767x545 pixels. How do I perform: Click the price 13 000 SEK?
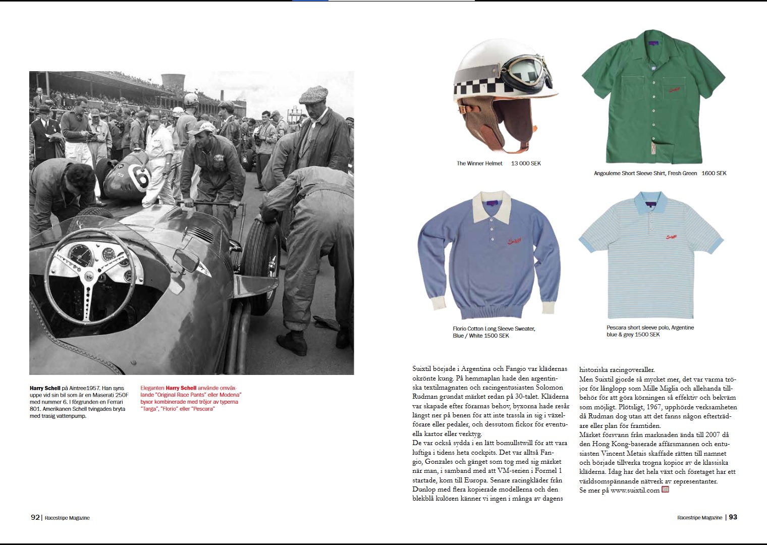click(526, 163)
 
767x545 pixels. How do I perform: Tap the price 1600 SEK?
click(714, 173)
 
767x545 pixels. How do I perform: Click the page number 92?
click(35, 517)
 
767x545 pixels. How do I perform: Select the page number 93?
click(733, 517)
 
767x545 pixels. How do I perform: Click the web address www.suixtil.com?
click(635, 490)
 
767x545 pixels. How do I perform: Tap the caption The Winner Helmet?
click(479, 163)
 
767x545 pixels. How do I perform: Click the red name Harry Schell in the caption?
click(181, 388)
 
